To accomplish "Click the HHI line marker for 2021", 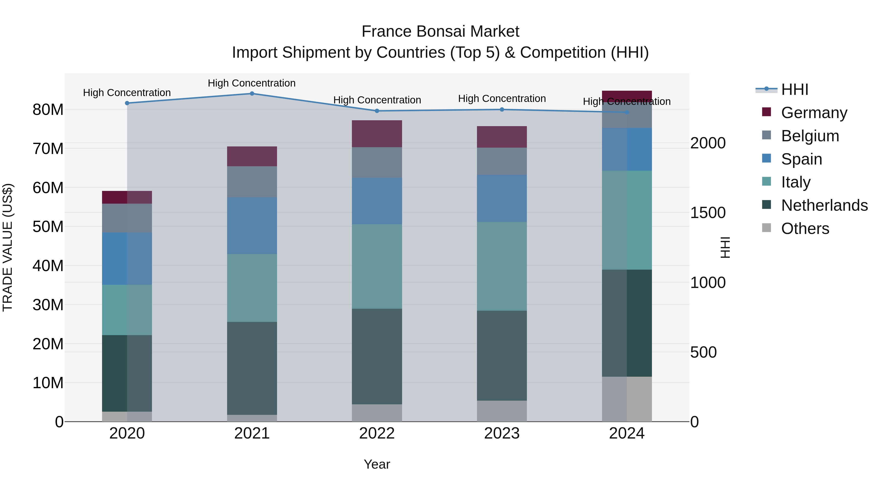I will (x=252, y=94).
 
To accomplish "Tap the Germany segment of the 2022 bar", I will (x=377, y=133).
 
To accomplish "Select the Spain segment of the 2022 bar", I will (x=377, y=201).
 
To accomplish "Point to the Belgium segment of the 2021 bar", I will (x=252, y=182).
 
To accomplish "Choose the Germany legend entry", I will (x=814, y=113).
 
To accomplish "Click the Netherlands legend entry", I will (x=824, y=205).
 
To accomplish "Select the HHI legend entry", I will (x=794, y=89).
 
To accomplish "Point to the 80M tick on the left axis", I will (x=48, y=110).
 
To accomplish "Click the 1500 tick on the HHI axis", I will (x=707, y=213).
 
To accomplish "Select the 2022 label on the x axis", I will (x=377, y=433).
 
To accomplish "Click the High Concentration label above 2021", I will (x=252, y=83).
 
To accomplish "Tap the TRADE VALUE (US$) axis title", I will (x=8, y=247).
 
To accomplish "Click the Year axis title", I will (x=377, y=464).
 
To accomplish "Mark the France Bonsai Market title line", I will (x=440, y=32).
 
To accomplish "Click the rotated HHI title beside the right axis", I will (x=725, y=247).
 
